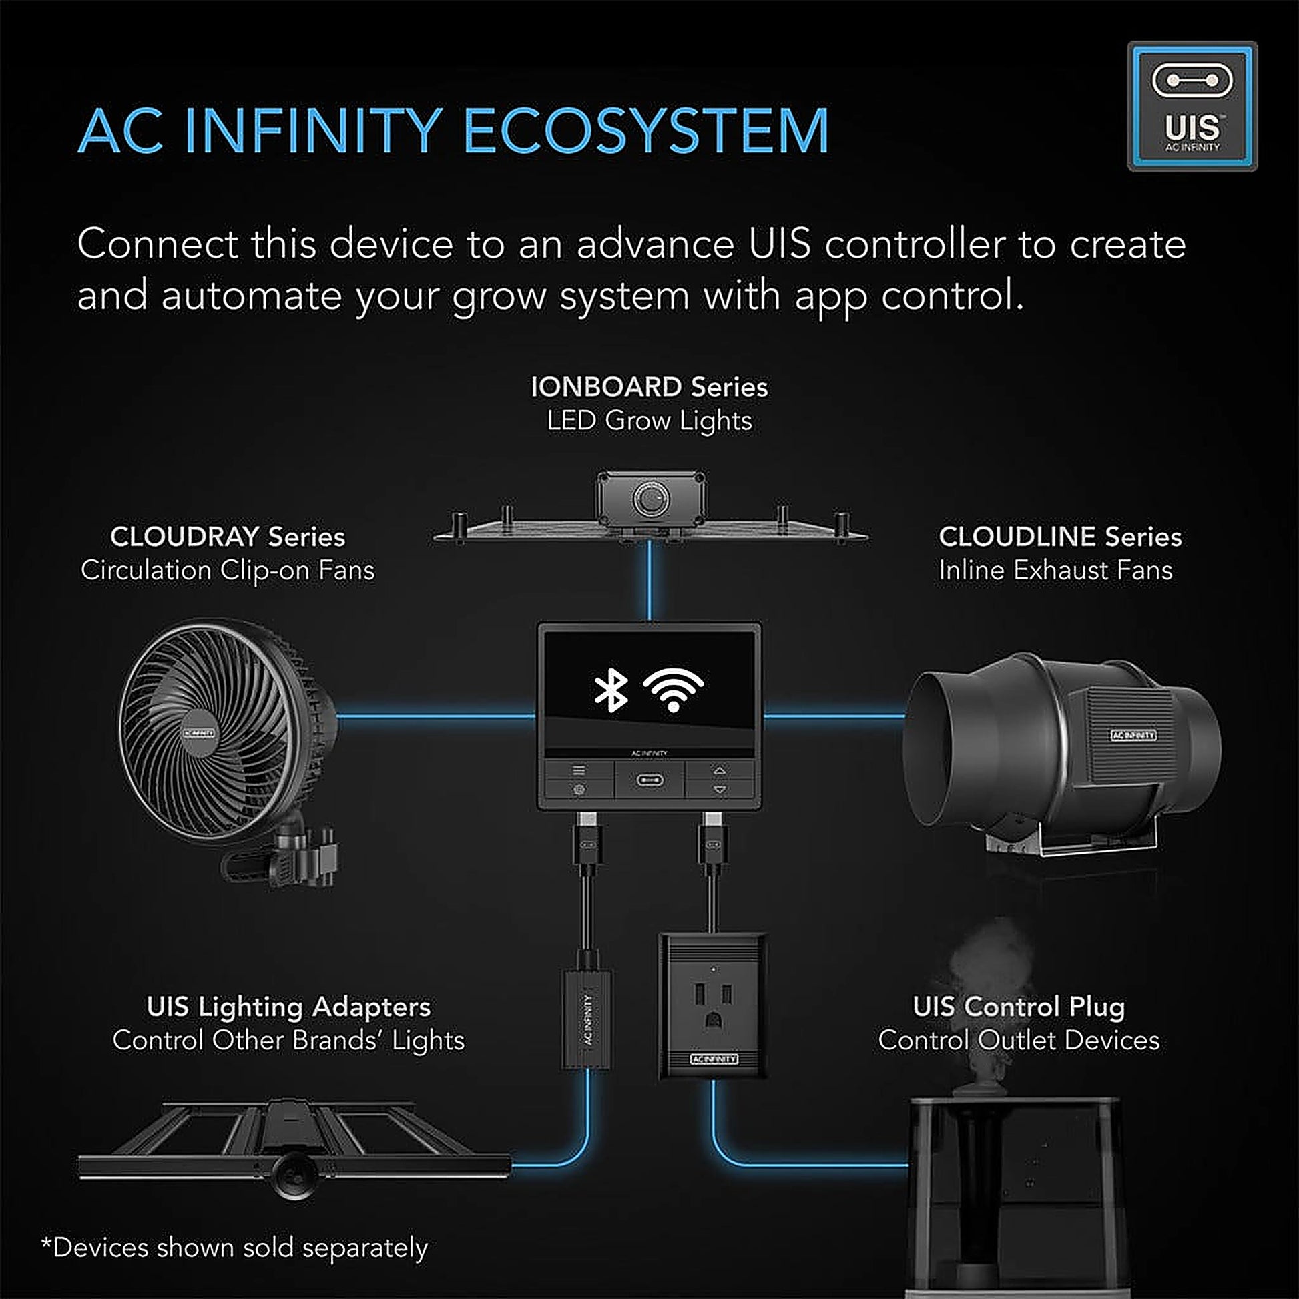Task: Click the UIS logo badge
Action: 1192,106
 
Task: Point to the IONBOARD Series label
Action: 649,387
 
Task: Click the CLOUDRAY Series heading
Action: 227,537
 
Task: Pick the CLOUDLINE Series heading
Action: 1059,537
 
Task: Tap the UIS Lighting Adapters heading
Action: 288,1007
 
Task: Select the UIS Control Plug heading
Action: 1018,1007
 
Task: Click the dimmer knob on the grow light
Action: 650,498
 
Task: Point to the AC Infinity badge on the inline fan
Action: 1133,735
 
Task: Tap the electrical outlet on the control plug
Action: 712,1003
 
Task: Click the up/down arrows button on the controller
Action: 720,780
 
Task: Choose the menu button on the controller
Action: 578,770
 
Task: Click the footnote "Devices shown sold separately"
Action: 235,1248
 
